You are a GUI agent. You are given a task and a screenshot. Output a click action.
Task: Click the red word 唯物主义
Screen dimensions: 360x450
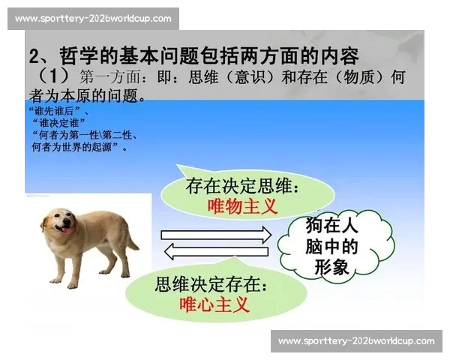[241, 205]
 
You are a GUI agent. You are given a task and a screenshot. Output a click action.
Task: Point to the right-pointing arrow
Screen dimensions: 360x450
[217, 235]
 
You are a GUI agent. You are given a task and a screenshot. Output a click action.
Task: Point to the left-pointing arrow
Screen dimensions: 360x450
[217, 251]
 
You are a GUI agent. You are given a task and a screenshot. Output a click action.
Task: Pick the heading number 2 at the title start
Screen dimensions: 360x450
[34, 55]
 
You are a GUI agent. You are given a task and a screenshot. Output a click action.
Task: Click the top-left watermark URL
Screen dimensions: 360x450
[93, 18]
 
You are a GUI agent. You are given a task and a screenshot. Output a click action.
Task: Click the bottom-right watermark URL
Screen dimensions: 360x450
[356, 341]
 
